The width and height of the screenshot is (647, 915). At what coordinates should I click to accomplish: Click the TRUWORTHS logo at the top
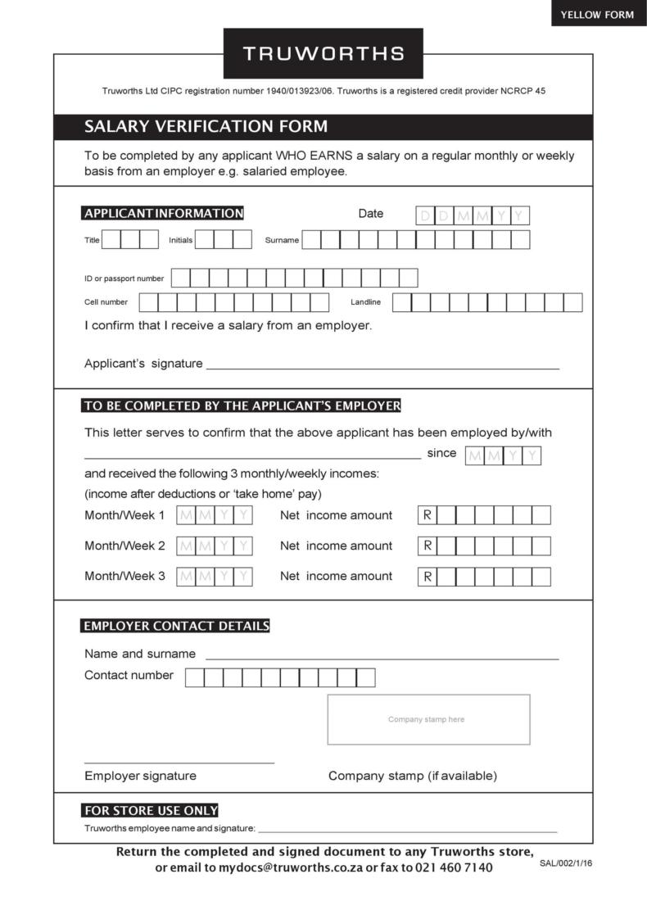pyautogui.click(x=323, y=54)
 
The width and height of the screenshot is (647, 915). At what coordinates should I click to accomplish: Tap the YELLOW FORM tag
pyautogui.click(x=597, y=14)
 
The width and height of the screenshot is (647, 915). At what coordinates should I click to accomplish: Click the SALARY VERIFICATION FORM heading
pyautogui.click(x=206, y=126)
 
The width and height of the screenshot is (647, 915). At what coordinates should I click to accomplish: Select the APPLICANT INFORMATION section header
pyautogui.click(x=164, y=214)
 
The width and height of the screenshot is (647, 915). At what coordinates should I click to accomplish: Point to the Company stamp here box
pyautogui.click(x=428, y=719)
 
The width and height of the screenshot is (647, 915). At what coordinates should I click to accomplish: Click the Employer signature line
pyautogui.click(x=179, y=762)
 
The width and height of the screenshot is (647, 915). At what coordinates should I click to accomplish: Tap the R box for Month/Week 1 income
pyautogui.click(x=428, y=515)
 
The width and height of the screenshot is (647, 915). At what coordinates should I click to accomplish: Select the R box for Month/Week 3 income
pyautogui.click(x=428, y=577)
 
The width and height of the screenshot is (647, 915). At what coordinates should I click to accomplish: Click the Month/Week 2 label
pyautogui.click(x=124, y=546)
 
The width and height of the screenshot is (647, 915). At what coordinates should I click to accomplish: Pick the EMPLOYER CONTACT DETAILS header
pyautogui.click(x=176, y=627)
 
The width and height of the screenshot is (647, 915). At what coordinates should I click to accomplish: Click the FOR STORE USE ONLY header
pyautogui.click(x=151, y=811)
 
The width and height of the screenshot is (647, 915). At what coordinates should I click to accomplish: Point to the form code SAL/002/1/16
pyautogui.click(x=565, y=863)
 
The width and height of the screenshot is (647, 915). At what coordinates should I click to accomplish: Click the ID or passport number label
pyautogui.click(x=124, y=279)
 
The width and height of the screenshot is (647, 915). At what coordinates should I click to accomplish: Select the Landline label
pyautogui.click(x=366, y=302)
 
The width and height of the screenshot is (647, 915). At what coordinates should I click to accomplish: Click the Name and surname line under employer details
pyautogui.click(x=382, y=658)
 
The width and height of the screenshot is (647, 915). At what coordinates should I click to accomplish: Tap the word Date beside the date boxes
pyautogui.click(x=370, y=214)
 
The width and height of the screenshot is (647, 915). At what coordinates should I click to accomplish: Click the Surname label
pyautogui.click(x=282, y=240)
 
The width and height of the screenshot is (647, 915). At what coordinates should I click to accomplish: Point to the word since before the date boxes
pyautogui.click(x=441, y=453)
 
